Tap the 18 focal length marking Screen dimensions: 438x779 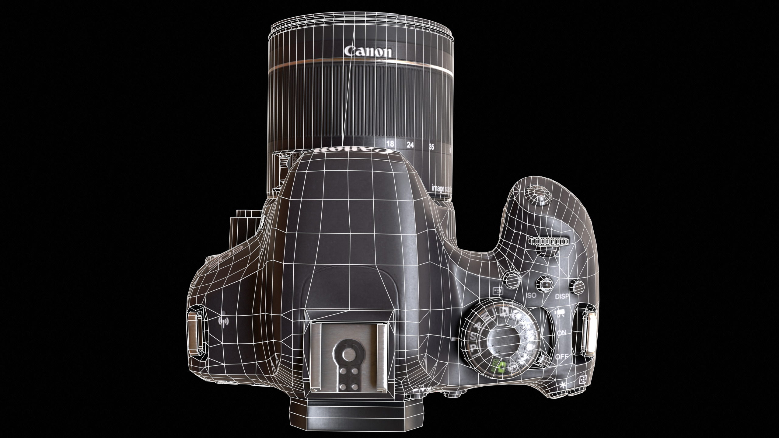[390, 144]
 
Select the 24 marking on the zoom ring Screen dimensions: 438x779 [410, 145]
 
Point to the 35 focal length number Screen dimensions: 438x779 [431, 147]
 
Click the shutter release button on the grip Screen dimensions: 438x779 [537, 195]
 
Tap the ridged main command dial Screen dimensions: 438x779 [549, 242]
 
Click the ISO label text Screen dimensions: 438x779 [531, 295]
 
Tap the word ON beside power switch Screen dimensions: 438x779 [562, 333]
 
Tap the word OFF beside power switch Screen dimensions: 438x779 [562, 356]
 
